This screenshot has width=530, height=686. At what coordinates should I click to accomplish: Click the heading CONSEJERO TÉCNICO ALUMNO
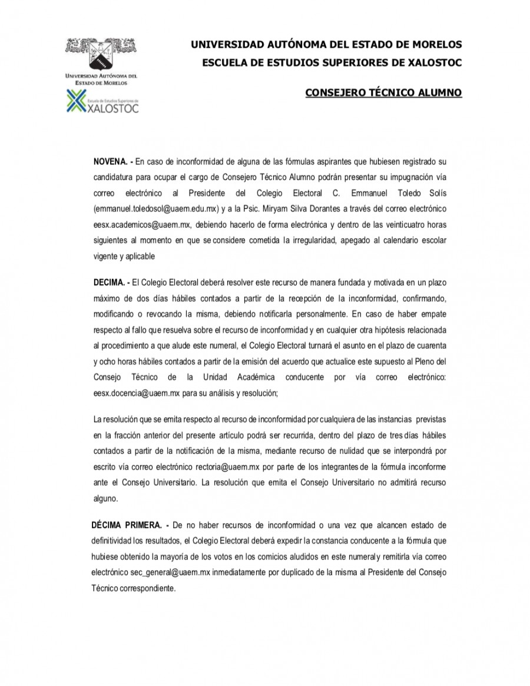383,92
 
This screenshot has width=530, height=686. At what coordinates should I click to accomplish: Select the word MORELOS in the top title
433,44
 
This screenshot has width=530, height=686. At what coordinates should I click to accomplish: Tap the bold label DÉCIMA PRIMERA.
126,524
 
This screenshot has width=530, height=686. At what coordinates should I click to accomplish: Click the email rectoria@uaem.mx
231,467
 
